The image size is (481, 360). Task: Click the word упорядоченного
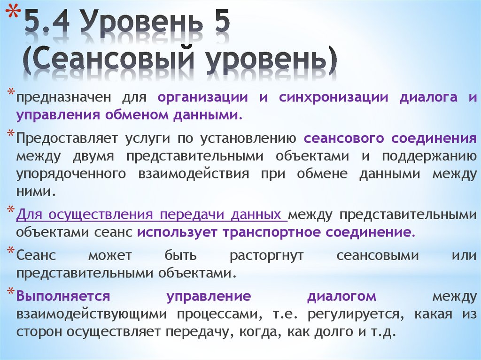[71, 174]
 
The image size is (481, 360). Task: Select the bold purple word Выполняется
[63, 296]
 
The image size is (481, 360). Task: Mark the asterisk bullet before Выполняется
[11, 291]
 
